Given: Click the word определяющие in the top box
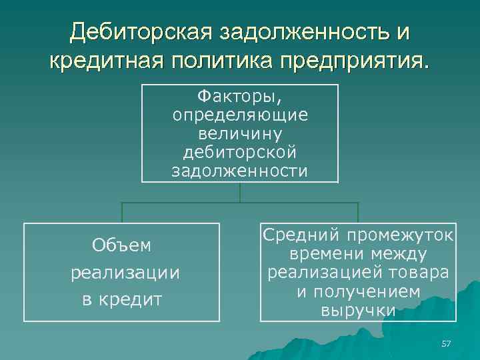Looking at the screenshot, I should click(x=240, y=115).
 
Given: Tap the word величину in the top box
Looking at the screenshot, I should click(x=240, y=133).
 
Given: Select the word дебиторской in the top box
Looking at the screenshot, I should click(x=240, y=152).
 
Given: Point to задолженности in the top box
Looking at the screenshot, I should click(x=240, y=171).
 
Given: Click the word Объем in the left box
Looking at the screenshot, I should click(x=122, y=245).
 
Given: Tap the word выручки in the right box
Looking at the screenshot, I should click(x=358, y=310).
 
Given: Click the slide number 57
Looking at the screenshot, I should click(x=447, y=343).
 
